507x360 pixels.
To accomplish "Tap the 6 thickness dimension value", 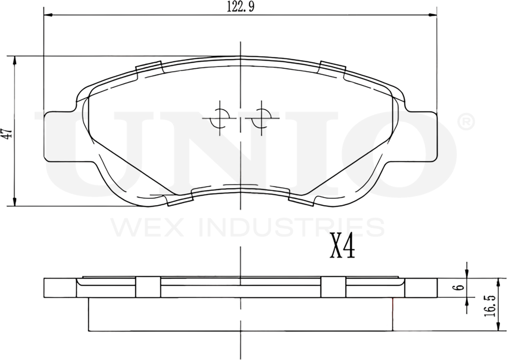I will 460,287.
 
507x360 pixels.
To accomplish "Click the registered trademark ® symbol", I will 465,122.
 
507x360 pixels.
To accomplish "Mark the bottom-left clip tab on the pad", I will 179,201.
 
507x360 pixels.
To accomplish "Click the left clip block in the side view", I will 148,287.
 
